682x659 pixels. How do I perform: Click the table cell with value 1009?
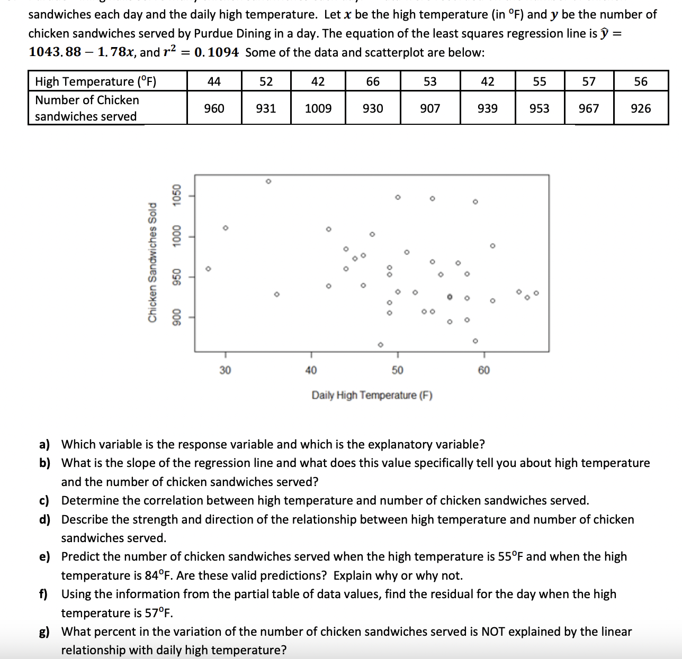318,108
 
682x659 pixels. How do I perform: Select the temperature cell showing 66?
373,81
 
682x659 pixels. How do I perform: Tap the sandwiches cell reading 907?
430,108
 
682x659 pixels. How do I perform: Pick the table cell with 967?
589,108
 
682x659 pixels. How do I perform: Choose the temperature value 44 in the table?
214,81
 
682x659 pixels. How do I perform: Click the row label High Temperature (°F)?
96,81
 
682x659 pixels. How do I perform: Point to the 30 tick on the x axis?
225,370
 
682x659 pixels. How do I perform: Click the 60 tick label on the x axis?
483,370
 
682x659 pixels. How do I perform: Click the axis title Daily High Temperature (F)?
372,395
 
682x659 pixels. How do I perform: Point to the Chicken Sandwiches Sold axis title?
152,262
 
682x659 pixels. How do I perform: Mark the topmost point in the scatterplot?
268,181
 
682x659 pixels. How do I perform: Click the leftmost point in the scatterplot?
208,268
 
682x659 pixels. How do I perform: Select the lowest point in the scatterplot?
380,345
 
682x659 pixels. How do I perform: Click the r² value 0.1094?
217,52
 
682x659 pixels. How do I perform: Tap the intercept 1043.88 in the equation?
55,52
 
